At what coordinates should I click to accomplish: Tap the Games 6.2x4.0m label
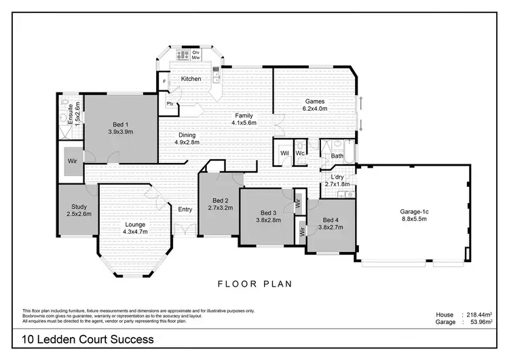[x=314, y=104]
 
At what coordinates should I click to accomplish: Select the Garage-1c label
[x=414, y=216]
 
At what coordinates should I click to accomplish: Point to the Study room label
[x=79, y=210]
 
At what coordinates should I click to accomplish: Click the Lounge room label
[x=136, y=228]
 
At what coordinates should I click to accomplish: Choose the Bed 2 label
[x=220, y=204]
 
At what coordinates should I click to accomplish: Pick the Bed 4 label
[x=331, y=224]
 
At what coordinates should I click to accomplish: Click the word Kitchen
[x=191, y=79]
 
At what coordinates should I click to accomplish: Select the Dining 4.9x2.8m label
[x=187, y=139]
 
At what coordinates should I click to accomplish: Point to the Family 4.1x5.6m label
[x=244, y=119]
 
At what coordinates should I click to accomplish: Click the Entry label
[x=185, y=209]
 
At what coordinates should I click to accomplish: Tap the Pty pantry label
[x=169, y=104]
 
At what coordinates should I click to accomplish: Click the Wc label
[x=299, y=153]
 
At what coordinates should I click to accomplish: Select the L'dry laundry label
[x=337, y=180]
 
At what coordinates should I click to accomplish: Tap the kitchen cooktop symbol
[x=183, y=54]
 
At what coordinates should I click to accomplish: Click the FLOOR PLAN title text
[x=254, y=284]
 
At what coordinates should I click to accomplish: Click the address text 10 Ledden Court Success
[x=88, y=339]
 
